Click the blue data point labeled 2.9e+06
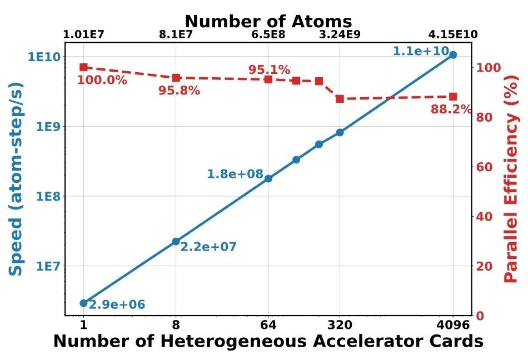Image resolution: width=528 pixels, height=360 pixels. click(x=83, y=303)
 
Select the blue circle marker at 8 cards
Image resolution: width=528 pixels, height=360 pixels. click(x=176, y=241)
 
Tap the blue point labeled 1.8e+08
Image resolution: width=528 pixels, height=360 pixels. click(x=268, y=178)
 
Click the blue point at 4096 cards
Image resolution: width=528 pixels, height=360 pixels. click(x=453, y=55)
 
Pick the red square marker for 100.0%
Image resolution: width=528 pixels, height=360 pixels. click(x=83, y=67)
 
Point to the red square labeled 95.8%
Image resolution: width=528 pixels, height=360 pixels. click(x=176, y=78)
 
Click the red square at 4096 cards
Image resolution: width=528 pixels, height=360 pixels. click(x=453, y=97)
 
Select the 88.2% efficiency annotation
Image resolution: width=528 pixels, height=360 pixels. click(x=451, y=109)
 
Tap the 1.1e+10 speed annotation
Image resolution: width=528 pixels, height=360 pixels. click(x=421, y=51)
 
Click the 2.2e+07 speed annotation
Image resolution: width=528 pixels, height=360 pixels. click(x=209, y=247)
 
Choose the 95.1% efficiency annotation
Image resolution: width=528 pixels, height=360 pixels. click(x=269, y=70)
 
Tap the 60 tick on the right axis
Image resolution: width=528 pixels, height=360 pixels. click(x=484, y=167)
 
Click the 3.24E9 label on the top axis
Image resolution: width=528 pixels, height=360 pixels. click(x=340, y=34)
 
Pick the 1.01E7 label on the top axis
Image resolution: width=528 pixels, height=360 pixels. click(x=83, y=34)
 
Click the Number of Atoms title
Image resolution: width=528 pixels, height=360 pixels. click(x=268, y=21)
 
